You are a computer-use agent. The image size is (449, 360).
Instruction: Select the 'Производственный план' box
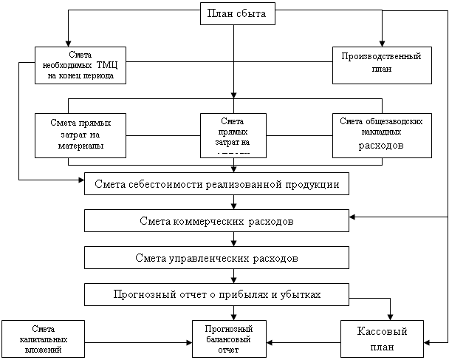click(381, 62)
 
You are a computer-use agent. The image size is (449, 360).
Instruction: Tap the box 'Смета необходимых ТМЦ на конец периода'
click(80, 66)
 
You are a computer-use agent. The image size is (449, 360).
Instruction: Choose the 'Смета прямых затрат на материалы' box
click(80, 135)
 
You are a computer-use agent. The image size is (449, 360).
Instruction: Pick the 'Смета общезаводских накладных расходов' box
click(381, 135)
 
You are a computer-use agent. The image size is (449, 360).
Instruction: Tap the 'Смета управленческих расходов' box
click(216, 259)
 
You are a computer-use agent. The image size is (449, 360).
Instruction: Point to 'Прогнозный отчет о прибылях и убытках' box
click(216, 295)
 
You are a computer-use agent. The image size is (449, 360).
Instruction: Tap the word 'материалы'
click(80, 146)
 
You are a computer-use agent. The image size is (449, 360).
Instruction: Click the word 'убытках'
click(303, 295)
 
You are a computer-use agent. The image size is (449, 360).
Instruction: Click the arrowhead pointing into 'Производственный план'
click(382, 43)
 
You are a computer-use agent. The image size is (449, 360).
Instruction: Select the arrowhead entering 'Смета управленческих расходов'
click(233, 243)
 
